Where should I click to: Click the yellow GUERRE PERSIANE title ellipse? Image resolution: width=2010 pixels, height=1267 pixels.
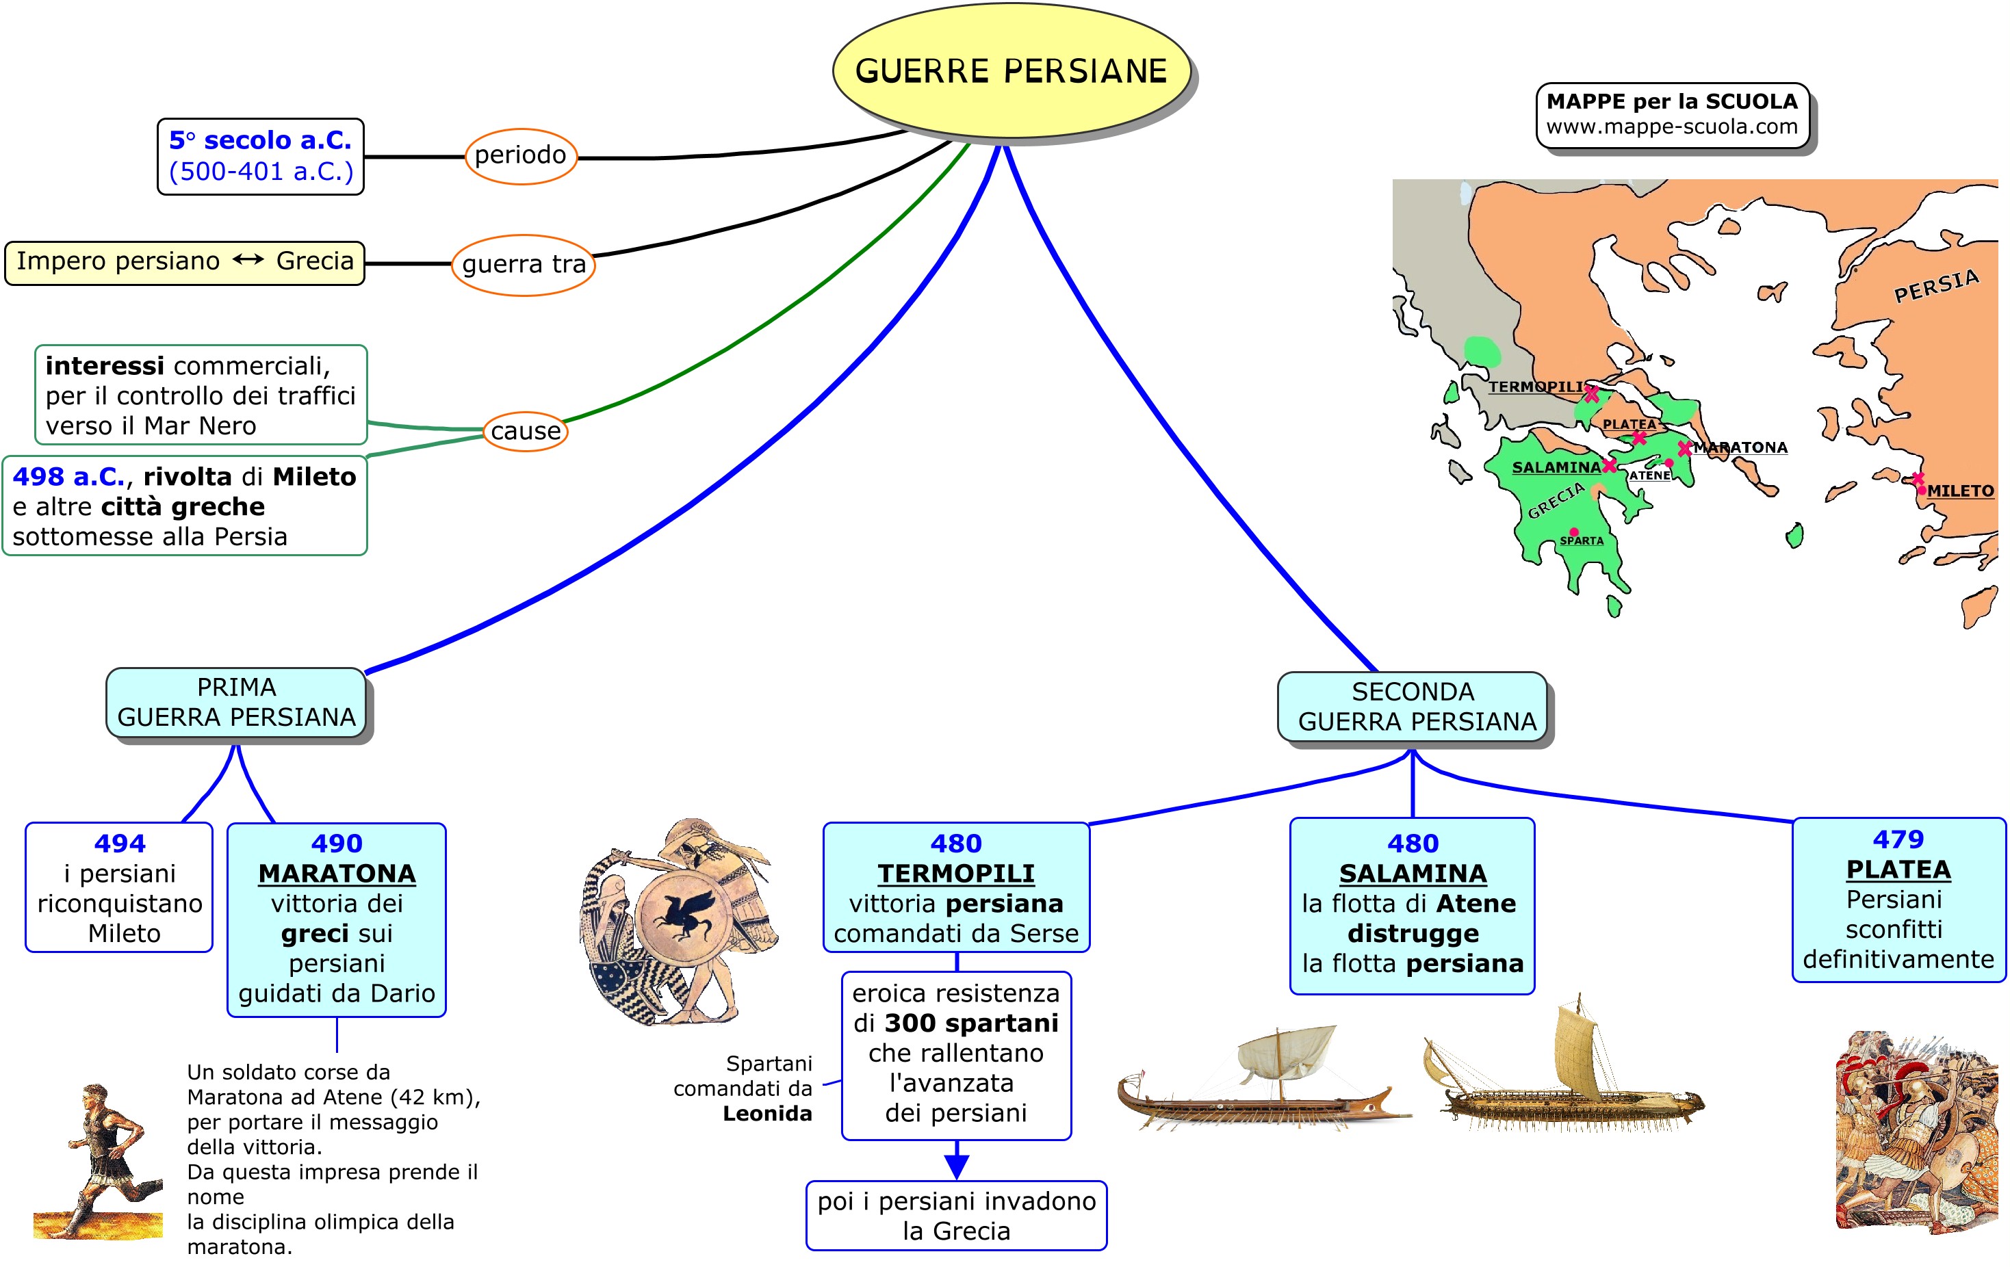pos(1011,71)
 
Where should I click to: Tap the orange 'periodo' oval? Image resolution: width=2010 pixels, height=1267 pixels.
pos(520,155)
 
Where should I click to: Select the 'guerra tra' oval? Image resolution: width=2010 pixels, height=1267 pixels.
pos(524,265)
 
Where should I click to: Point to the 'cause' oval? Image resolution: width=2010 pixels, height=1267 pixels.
pos(525,431)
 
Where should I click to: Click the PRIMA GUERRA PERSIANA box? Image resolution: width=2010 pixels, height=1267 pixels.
pos(236,702)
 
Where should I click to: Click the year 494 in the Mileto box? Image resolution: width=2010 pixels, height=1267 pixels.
pos(120,843)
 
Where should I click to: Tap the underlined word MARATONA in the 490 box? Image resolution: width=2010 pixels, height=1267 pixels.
pos(337,873)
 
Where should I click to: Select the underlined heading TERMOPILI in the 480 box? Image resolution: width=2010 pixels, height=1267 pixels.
pos(956,873)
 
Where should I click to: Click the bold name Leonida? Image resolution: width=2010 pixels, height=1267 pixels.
pos(767,1114)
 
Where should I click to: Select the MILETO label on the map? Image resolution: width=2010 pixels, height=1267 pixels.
pos(1960,491)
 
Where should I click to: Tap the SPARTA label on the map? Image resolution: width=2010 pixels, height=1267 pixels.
pos(1582,541)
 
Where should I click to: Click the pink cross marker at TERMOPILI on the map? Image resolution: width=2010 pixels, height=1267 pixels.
pos(1592,394)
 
